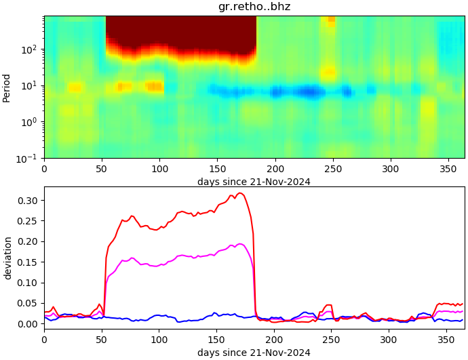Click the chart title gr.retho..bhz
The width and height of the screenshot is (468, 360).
click(x=254, y=7)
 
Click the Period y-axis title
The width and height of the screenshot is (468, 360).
click(x=7, y=87)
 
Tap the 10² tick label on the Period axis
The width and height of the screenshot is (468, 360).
click(x=31, y=49)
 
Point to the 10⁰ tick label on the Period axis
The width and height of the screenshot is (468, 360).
click(x=31, y=122)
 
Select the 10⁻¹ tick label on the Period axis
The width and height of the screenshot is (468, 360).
click(x=30, y=158)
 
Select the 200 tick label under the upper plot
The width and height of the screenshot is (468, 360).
click(x=275, y=169)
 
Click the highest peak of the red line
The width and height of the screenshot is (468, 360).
click(x=240, y=193)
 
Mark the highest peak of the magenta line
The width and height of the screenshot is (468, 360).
click(x=240, y=244)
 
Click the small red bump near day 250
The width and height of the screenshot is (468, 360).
click(x=329, y=305)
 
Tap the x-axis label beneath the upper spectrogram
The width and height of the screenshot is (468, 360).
click(x=254, y=181)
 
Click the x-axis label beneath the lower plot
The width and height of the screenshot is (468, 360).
click(x=254, y=352)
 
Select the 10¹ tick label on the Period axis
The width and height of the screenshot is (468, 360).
click(x=31, y=86)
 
